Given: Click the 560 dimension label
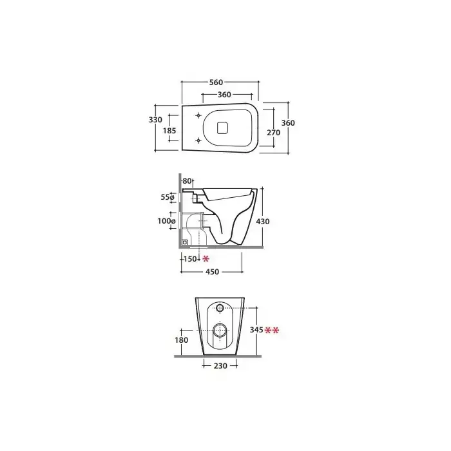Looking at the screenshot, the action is [216, 82].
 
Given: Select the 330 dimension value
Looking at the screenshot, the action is [155, 119].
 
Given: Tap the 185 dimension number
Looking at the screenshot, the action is [169, 131].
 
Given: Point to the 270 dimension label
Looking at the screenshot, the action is [274, 133].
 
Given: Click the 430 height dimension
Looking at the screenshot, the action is [263, 221].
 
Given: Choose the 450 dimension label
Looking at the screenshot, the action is [212, 271].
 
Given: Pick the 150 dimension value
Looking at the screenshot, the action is [190, 259].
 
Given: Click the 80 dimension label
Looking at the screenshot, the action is [187, 181].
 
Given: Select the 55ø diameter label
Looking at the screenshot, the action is [168, 197].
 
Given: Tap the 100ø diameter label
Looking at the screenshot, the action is [166, 221].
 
